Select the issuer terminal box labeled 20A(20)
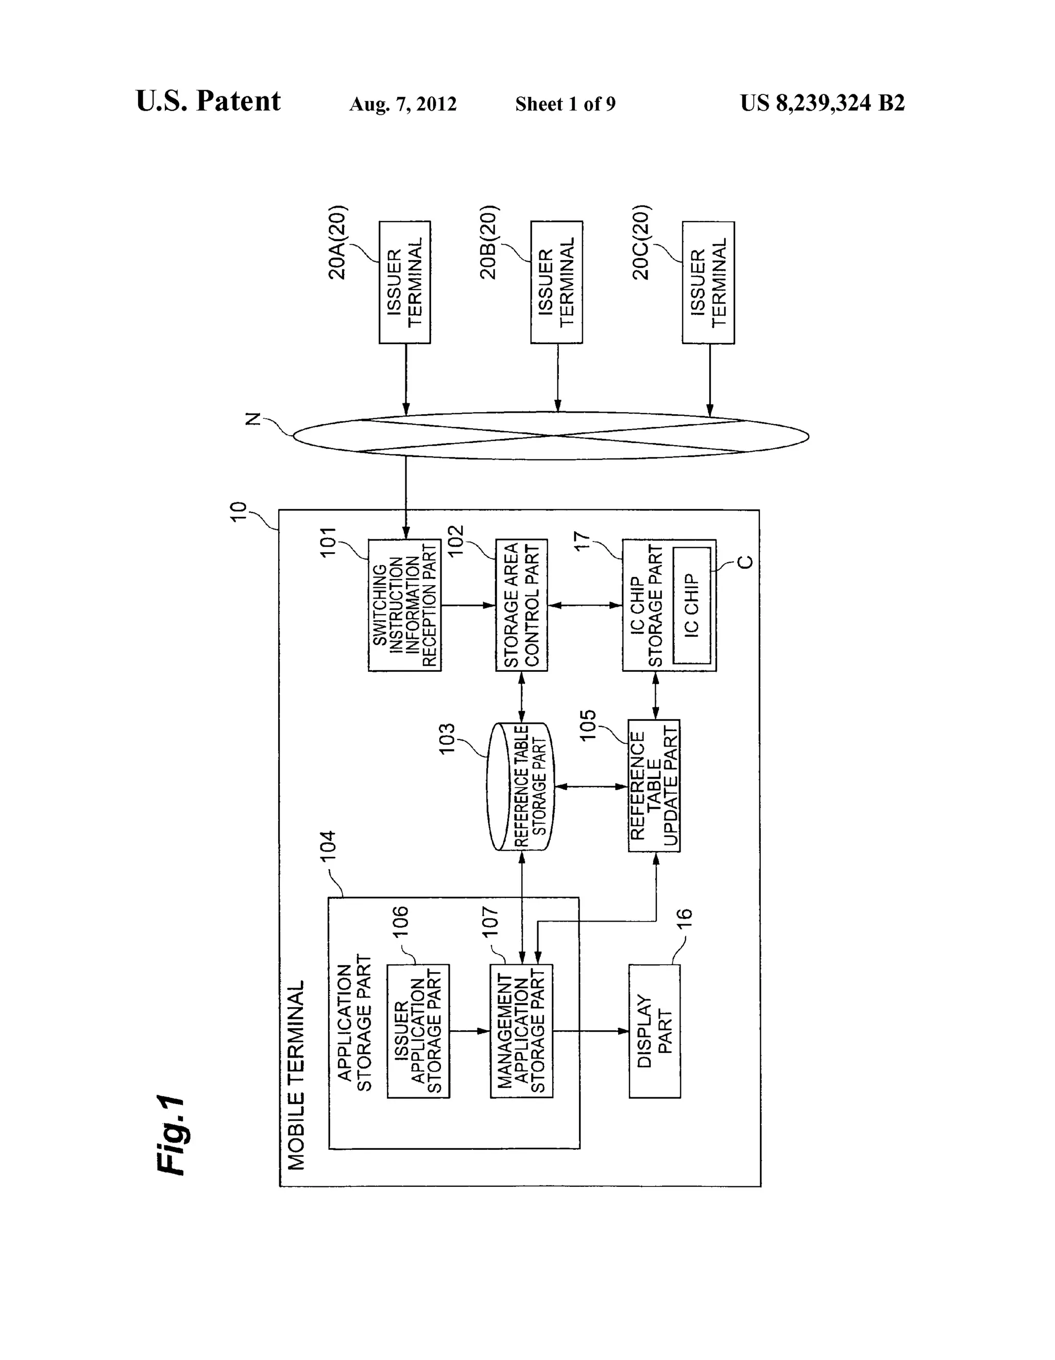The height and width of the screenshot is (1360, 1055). point(405,282)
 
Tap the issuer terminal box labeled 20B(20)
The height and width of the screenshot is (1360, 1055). point(556,282)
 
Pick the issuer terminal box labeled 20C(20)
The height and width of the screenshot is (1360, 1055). point(708,283)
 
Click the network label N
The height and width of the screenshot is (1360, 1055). point(252,419)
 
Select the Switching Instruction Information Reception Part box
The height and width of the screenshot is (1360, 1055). point(405,605)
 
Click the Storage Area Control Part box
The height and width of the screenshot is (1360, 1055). point(521,605)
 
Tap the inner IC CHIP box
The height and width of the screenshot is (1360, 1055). point(692,605)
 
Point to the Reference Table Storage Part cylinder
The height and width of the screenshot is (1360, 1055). point(520,787)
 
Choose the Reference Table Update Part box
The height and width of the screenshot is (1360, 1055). point(653,786)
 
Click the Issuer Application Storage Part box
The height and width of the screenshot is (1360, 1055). point(418,1031)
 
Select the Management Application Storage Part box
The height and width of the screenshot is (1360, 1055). point(521,1031)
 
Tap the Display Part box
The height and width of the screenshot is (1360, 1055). point(654,1031)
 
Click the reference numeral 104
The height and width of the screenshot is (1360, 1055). point(328,845)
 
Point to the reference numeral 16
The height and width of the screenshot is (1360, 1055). point(684,918)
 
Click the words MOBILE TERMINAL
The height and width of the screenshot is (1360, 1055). point(296,1075)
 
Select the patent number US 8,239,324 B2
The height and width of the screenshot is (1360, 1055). point(822,103)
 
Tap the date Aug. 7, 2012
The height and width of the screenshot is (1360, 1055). point(402,104)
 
